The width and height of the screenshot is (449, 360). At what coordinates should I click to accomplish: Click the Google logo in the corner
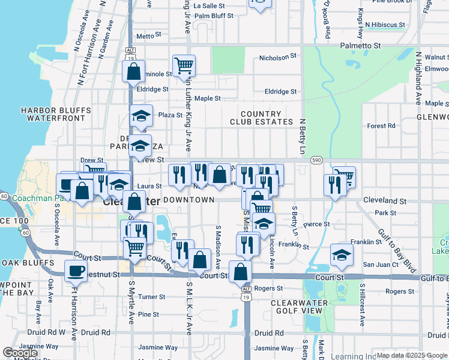[20, 353]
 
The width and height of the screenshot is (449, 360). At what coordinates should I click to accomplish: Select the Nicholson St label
[278, 57]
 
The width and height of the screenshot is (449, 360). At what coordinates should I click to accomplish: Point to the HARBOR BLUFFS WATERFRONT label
[55, 114]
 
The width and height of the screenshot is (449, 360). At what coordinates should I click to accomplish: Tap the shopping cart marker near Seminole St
[183, 65]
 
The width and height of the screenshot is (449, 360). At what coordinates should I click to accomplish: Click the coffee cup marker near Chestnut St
[76, 271]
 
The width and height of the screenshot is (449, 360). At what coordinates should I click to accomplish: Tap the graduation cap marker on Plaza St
[141, 115]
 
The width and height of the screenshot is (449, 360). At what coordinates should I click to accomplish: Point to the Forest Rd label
[381, 126]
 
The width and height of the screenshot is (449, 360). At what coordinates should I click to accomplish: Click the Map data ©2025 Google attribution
[411, 355]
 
